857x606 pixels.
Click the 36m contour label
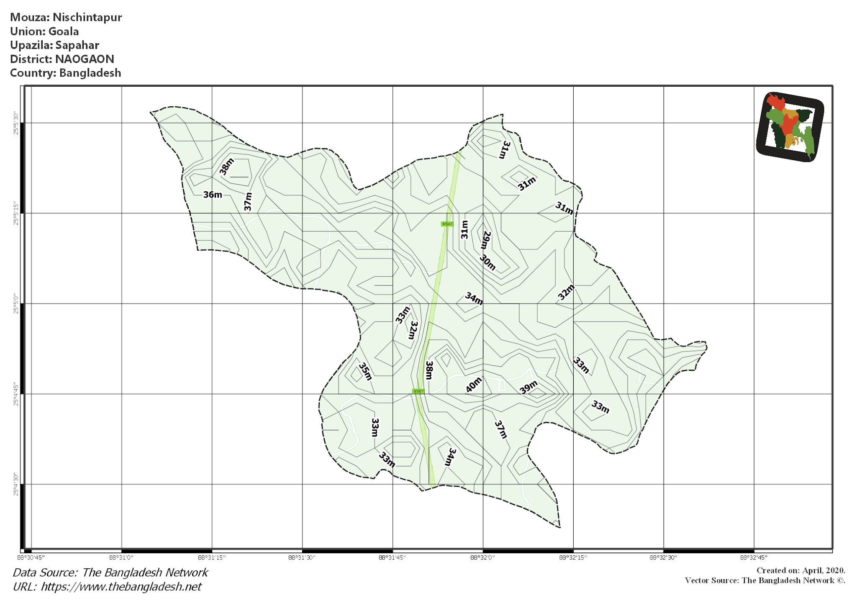point(213,195)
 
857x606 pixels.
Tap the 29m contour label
point(486,240)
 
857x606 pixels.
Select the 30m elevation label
point(488,262)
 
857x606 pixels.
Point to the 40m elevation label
point(474,385)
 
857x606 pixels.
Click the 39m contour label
point(529,388)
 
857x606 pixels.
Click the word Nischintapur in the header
point(87,17)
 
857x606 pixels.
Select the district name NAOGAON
point(85,59)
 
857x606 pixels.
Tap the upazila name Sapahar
point(77,45)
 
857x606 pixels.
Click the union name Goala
point(64,31)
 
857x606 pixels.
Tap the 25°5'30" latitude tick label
point(16,123)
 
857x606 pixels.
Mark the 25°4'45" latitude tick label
point(16,394)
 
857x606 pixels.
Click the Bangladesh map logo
point(790,127)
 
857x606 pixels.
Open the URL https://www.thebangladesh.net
point(121,587)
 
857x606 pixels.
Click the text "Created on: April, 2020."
point(801,570)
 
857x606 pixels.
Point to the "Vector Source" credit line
point(765,580)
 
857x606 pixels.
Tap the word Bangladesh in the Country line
point(90,73)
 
